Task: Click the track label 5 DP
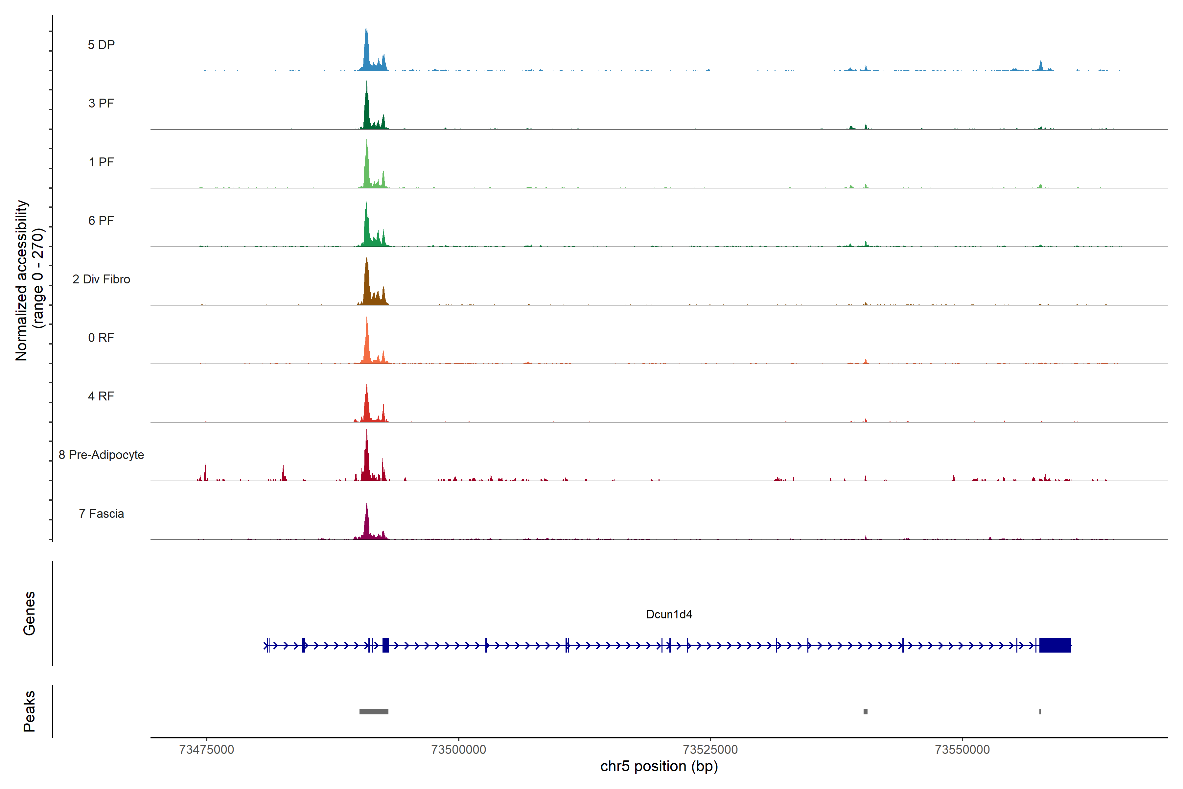pyautogui.click(x=101, y=45)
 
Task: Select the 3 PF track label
pyautogui.click(x=101, y=103)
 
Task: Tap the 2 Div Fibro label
pyautogui.click(x=101, y=279)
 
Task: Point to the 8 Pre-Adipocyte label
pyautogui.click(x=101, y=455)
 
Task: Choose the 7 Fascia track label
pyautogui.click(x=101, y=514)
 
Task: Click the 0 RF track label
pyautogui.click(x=101, y=338)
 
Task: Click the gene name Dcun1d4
pyautogui.click(x=669, y=614)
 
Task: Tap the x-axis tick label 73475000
pyautogui.click(x=206, y=750)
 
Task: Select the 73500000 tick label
pyautogui.click(x=459, y=750)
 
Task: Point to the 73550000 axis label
pyautogui.click(x=962, y=750)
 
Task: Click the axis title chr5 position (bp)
pyautogui.click(x=659, y=766)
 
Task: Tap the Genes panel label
pyautogui.click(x=29, y=613)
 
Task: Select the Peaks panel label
pyautogui.click(x=29, y=711)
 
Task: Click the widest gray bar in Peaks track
pyautogui.click(x=374, y=711)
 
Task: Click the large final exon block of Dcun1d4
pyautogui.click(x=1055, y=645)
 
